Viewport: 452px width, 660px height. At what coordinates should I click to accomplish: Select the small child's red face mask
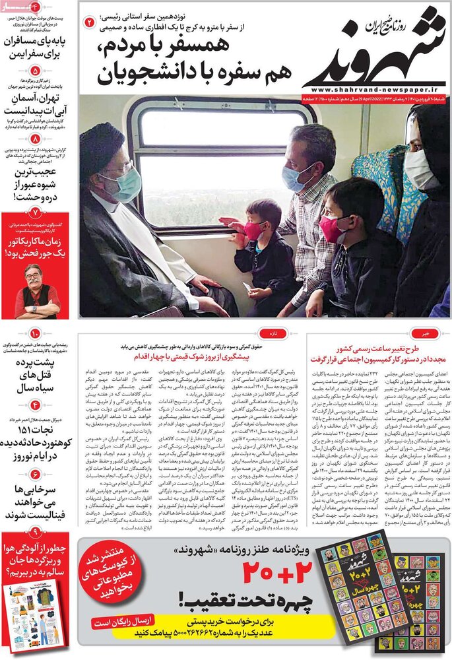tap(254, 230)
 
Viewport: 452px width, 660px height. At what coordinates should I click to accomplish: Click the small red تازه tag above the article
tap(282, 334)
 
